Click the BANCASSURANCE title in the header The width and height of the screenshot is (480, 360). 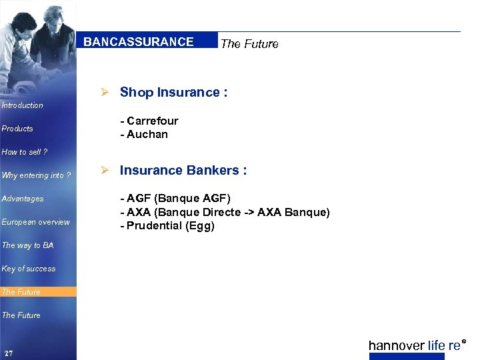tap(139, 42)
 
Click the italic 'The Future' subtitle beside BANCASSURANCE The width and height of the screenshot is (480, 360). tap(249, 44)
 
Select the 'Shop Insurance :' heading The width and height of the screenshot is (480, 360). tap(173, 93)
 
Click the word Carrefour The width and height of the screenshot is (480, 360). tap(153, 121)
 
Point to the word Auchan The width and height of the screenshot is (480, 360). tap(147, 134)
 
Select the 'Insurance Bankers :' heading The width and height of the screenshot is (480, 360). tap(183, 171)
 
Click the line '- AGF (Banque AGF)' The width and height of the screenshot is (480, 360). tap(175, 199)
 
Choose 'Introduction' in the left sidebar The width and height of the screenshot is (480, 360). tap(23, 105)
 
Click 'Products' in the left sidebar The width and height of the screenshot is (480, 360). tap(17, 129)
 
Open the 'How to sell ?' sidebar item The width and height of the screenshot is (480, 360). tap(25, 152)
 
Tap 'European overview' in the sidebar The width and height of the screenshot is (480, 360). tap(35, 222)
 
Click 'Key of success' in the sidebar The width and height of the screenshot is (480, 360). tap(29, 269)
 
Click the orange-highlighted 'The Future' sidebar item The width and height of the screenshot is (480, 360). tap(21, 292)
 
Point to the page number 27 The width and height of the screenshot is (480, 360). tap(8, 353)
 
